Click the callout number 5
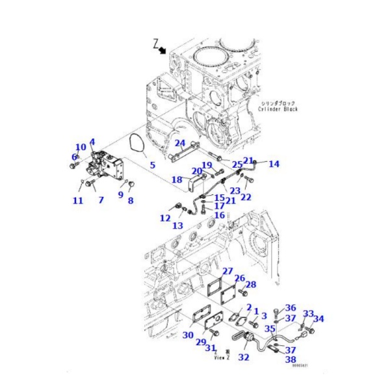pos(152,165)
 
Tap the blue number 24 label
pos(180,143)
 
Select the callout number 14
pos(274,164)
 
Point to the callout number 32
pos(243,357)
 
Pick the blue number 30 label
pos(188,335)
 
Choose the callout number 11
pos(77,201)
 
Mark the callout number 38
pos(289,359)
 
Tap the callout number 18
pos(176,179)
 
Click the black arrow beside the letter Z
pos(161,50)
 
